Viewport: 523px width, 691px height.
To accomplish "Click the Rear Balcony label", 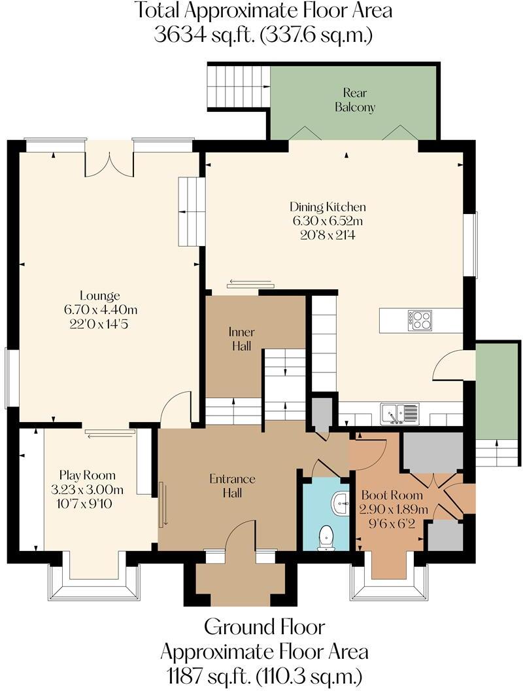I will (355, 100).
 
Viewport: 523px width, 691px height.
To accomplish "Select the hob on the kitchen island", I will (419, 320).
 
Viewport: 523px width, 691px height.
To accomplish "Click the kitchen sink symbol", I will (399, 414).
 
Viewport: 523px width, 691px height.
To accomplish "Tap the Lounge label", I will (99, 295).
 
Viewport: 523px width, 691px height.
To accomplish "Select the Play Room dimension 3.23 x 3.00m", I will (87, 489).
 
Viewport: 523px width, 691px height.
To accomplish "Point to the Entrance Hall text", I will (232, 486).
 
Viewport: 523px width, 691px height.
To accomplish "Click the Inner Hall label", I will (242, 339).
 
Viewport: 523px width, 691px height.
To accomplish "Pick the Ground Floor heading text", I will (264, 626).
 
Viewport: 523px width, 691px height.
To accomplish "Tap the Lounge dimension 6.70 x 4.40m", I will (99, 309).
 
